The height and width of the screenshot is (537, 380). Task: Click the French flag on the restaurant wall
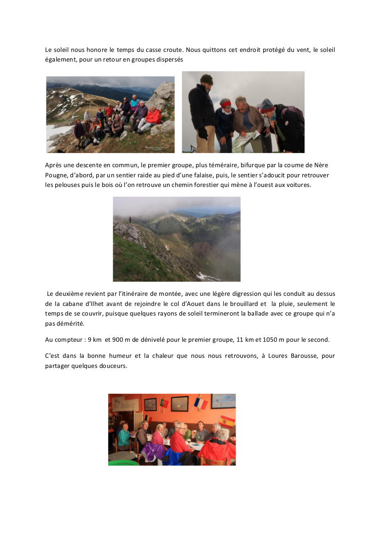pos(201,403)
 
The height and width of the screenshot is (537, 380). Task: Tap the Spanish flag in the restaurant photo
pos(227,420)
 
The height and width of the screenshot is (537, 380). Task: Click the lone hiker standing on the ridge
pos(130,220)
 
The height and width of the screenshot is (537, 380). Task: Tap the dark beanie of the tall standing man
pos(207,79)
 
